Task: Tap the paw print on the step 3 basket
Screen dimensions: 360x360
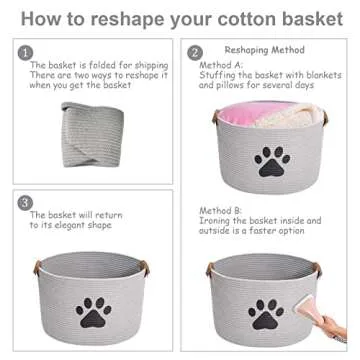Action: (94, 316)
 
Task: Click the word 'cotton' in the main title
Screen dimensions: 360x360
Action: (261, 17)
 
